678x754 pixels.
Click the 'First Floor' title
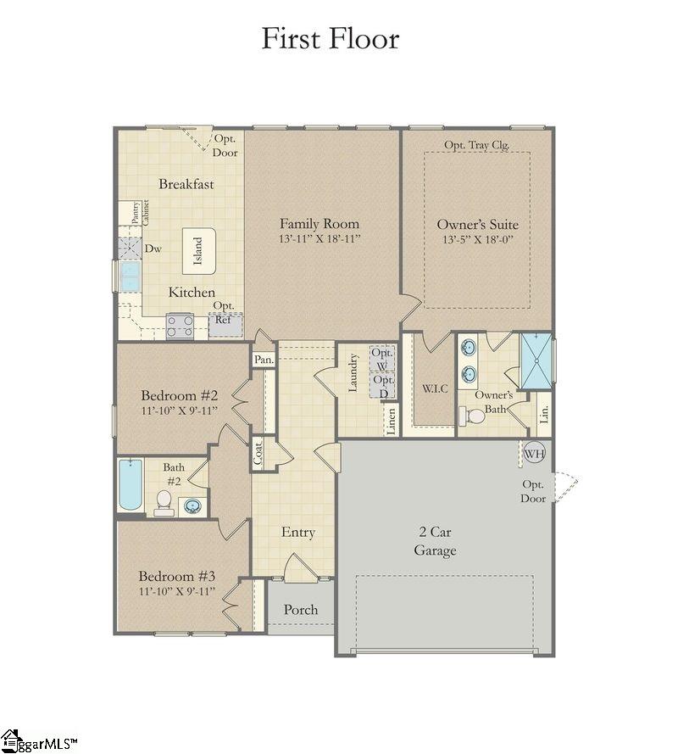(x=330, y=39)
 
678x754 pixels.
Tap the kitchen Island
(x=198, y=251)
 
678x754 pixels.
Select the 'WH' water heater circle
(x=533, y=452)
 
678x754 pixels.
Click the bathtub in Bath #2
(x=131, y=484)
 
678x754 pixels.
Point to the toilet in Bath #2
(x=164, y=504)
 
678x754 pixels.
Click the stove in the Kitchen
(x=180, y=326)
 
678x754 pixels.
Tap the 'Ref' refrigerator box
(x=223, y=322)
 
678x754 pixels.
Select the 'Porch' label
(x=301, y=610)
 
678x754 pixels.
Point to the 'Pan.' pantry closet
(x=264, y=360)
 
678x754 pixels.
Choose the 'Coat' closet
(x=258, y=454)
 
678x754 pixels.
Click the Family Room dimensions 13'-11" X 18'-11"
(x=320, y=239)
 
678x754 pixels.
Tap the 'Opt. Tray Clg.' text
(x=476, y=144)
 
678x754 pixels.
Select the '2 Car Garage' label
(x=435, y=541)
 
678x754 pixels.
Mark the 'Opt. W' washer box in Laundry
(x=383, y=360)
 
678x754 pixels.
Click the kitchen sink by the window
(x=130, y=276)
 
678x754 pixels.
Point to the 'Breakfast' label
(x=186, y=184)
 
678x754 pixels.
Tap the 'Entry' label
(x=297, y=533)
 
